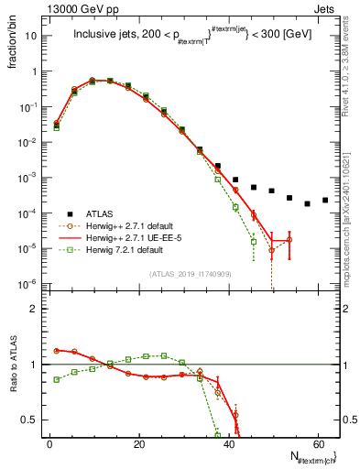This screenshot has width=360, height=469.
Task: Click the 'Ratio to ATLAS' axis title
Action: (x=13, y=365)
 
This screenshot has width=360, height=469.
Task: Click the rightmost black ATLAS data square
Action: (x=325, y=200)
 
